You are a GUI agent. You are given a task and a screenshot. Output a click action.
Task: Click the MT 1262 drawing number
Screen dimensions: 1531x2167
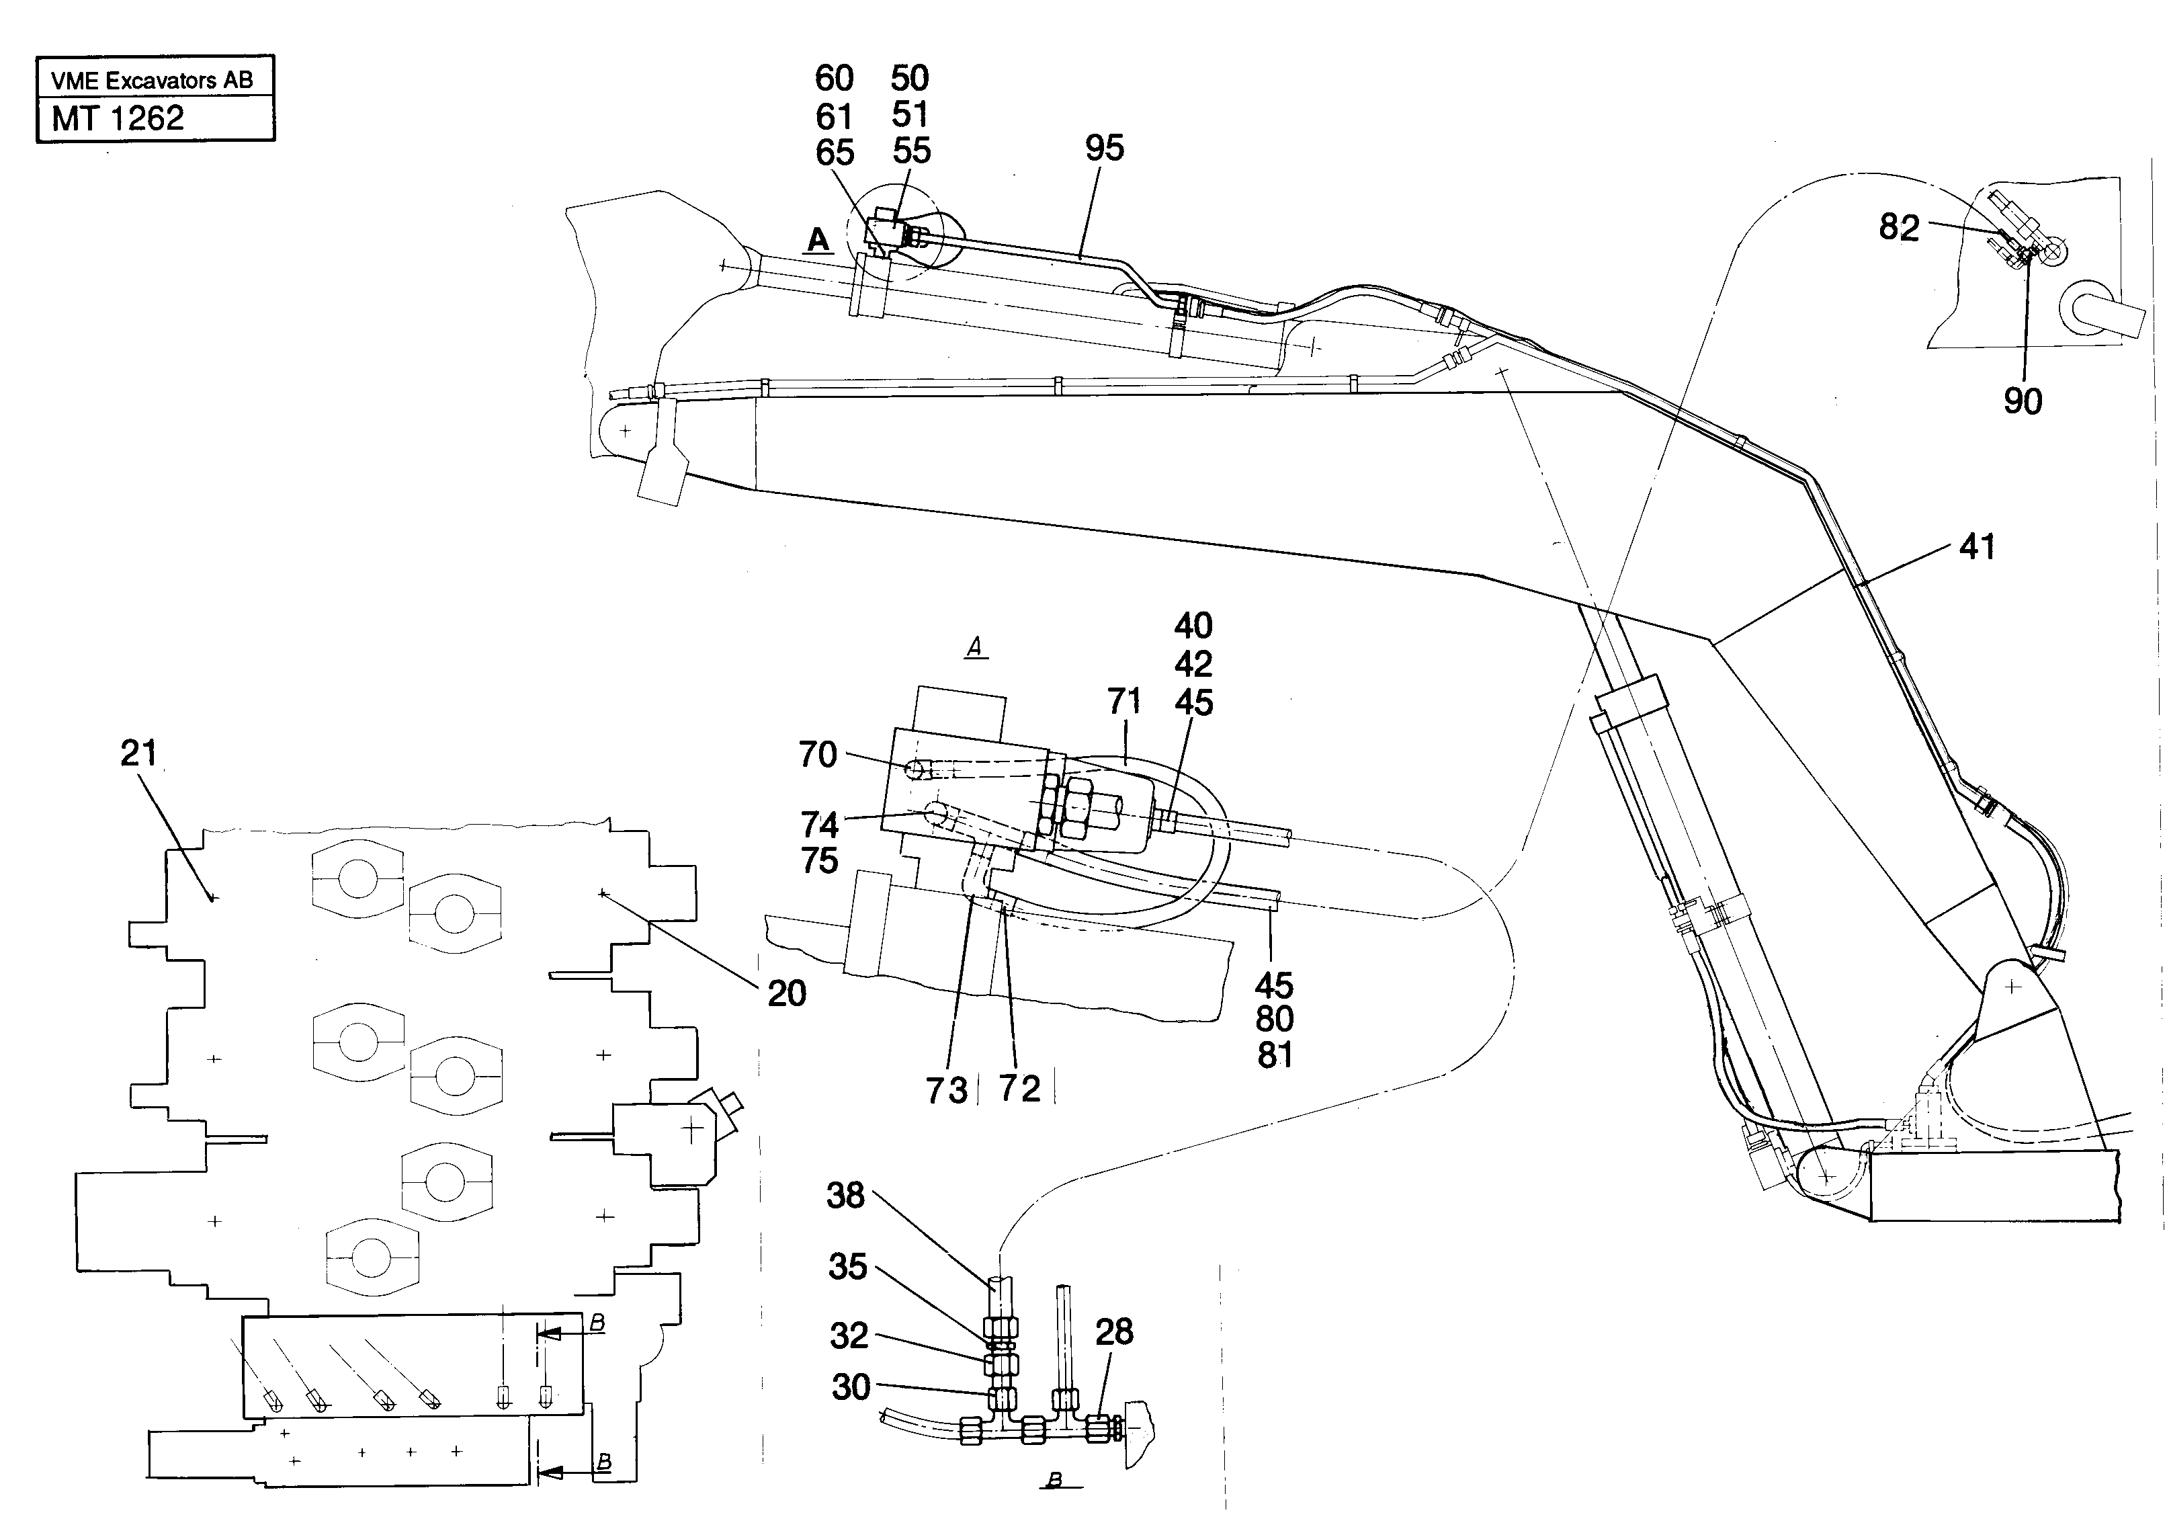point(118,119)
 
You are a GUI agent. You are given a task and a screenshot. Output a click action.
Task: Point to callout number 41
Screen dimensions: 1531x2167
point(1978,548)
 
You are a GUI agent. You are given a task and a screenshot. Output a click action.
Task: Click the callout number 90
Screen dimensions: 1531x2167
point(2023,401)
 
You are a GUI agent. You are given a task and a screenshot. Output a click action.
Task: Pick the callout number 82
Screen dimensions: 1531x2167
point(1899,227)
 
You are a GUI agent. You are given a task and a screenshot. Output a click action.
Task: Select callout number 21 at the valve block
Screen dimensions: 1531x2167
point(138,753)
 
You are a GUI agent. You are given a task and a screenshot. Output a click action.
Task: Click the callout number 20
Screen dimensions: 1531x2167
point(786,994)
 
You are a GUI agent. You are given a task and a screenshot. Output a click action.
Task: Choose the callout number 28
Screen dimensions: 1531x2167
point(1113,1332)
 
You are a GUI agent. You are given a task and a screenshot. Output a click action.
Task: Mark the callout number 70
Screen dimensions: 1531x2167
point(817,755)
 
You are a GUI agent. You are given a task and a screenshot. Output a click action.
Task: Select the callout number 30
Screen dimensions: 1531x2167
point(851,1388)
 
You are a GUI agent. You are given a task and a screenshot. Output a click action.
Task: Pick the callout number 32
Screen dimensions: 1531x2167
point(849,1335)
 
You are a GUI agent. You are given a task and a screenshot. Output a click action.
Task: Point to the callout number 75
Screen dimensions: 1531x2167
point(819,861)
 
